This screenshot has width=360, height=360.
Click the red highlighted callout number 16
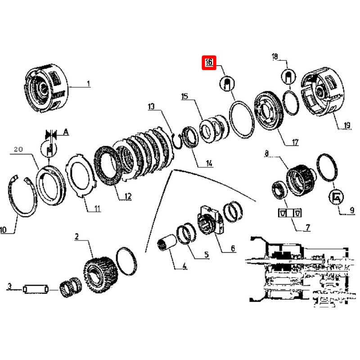(209, 62)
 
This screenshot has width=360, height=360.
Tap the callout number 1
(88, 84)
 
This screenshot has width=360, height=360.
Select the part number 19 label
(346, 125)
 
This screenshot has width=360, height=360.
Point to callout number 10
(4, 229)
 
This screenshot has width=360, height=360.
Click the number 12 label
(128, 196)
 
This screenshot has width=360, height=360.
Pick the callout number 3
(9, 286)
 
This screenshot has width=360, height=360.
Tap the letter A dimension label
(66, 132)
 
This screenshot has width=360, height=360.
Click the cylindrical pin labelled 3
(36, 289)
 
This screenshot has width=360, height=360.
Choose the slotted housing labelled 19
(322, 91)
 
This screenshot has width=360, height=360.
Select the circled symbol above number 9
(336, 197)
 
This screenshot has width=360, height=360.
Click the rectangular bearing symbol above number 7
(290, 213)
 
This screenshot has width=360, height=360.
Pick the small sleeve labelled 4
(166, 242)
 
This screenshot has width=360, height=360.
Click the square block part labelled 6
(210, 220)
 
